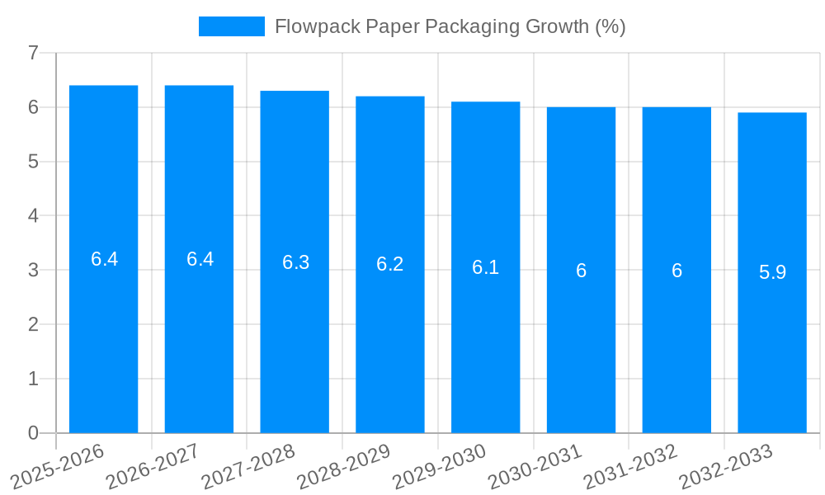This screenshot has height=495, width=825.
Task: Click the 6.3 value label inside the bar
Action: point(295,262)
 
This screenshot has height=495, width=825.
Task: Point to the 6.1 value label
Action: point(485,267)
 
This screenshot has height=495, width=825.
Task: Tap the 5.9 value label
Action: point(772,272)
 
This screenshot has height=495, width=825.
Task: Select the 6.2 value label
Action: point(389,264)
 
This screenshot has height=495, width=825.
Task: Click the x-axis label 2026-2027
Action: point(153,466)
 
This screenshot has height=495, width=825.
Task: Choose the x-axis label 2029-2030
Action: point(440,466)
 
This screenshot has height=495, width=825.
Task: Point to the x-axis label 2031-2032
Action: point(631,466)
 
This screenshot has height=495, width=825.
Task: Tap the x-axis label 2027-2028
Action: point(248,466)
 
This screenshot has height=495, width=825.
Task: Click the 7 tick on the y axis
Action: point(33,53)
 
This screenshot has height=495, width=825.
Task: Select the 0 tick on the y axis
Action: point(33,433)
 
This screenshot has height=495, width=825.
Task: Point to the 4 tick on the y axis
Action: point(33,216)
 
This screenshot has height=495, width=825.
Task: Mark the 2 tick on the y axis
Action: point(33,324)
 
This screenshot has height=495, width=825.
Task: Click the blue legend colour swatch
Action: point(231,26)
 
